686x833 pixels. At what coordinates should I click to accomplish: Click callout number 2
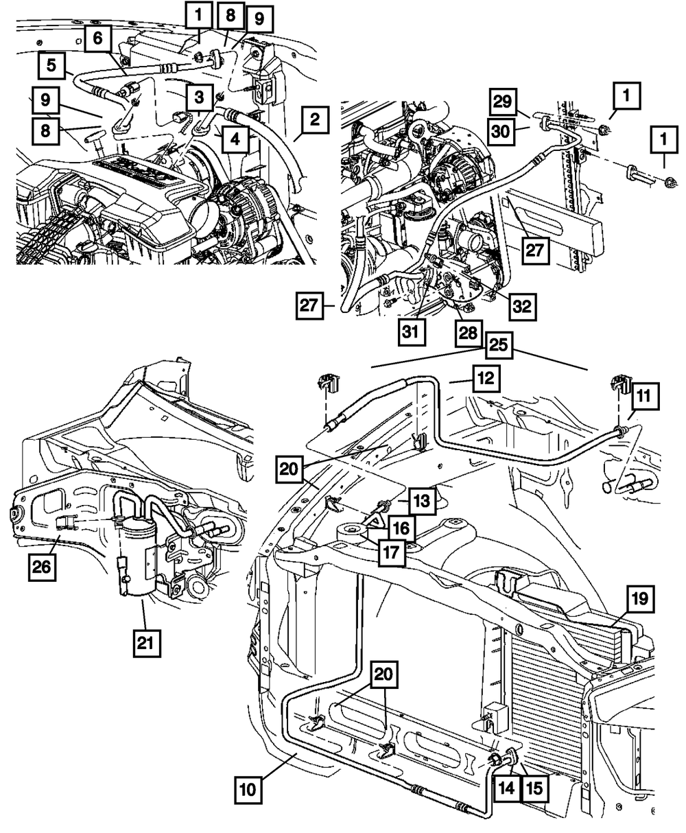pyautogui.click(x=315, y=119)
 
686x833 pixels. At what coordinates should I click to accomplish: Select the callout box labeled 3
pyautogui.click(x=199, y=97)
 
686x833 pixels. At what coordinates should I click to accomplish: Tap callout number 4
pyautogui.click(x=235, y=139)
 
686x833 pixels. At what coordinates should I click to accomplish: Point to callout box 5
pyautogui.click(x=51, y=65)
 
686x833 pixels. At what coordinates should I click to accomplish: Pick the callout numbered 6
pyautogui.click(x=97, y=38)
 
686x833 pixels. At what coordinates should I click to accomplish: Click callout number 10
pyautogui.click(x=248, y=788)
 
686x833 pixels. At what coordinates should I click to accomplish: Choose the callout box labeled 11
pyautogui.click(x=643, y=396)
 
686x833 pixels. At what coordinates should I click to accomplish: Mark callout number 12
pyautogui.click(x=486, y=378)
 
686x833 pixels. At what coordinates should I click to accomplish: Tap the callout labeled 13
pyautogui.click(x=422, y=500)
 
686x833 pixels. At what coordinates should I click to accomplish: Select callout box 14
pyautogui.click(x=506, y=788)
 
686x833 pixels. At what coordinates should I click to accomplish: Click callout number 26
pyautogui.click(x=42, y=567)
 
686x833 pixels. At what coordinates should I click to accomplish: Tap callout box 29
pyautogui.click(x=503, y=102)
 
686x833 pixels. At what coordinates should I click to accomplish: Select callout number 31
pyautogui.click(x=411, y=331)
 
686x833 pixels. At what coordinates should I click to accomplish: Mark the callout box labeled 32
pyautogui.click(x=523, y=307)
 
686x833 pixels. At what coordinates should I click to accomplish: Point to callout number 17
pyautogui.click(x=391, y=552)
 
